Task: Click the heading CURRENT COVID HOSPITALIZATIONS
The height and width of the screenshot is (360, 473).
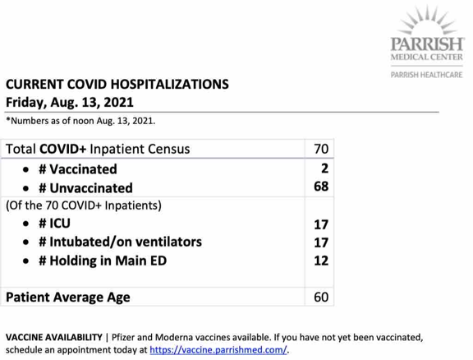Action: (117, 85)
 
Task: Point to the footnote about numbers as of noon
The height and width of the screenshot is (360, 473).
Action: (80, 121)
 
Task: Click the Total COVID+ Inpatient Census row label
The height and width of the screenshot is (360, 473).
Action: (98, 149)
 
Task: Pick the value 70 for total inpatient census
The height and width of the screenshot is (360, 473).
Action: (321, 149)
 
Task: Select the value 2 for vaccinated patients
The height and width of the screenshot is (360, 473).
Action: (324, 168)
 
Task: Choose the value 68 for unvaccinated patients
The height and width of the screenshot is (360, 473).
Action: (321, 187)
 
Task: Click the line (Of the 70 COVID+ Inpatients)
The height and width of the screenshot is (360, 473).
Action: (83, 205)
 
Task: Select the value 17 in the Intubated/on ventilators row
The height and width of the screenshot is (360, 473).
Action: (321, 242)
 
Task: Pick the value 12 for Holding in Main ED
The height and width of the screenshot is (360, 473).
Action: (321, 261)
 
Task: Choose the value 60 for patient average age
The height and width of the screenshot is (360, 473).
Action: (321, 296)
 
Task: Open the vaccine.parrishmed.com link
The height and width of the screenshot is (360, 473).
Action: (221, 349)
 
